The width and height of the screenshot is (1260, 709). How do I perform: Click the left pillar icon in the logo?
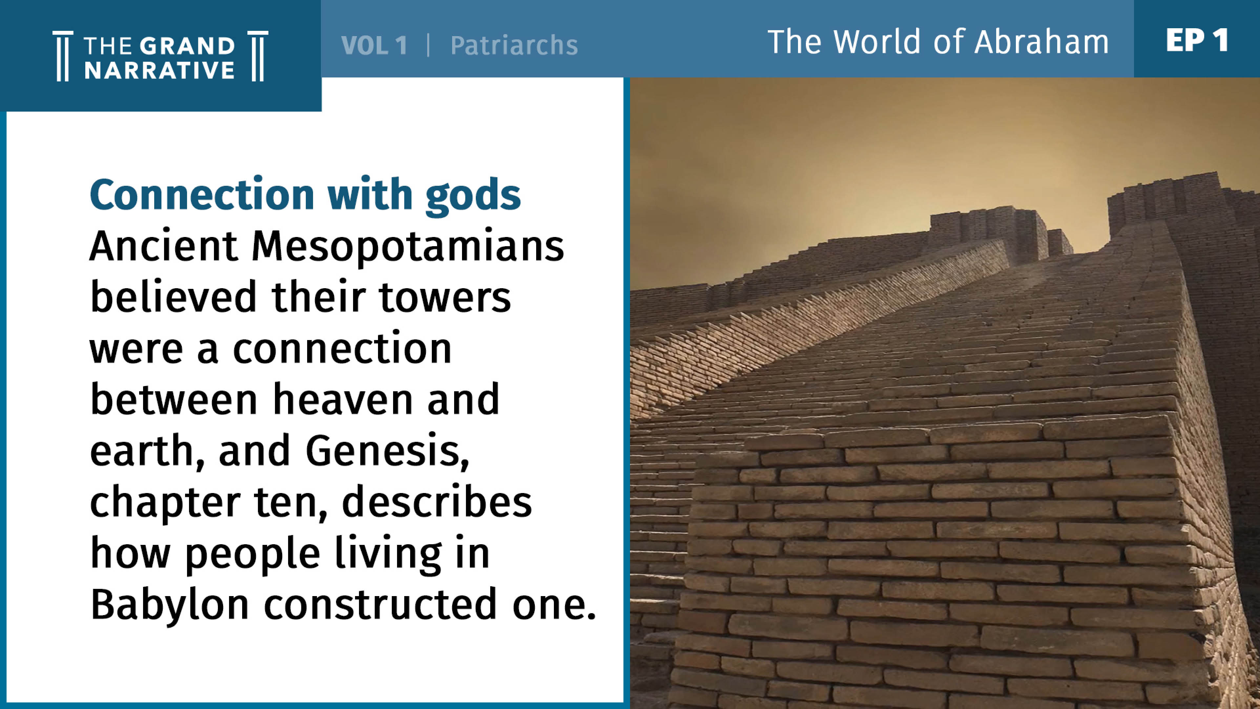click(63, 56)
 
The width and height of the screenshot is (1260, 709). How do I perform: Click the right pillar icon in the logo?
click(258, 56)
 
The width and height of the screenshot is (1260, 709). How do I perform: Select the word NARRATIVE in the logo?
click(159, 71)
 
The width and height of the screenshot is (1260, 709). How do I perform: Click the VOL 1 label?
click(374, 46)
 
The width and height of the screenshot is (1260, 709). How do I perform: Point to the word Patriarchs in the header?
click(514, 46)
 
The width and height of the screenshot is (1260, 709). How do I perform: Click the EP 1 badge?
click(1197, 40)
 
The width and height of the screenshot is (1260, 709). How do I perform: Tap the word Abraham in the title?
click(1041, 42)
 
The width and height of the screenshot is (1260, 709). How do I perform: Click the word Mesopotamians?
click(408, 247)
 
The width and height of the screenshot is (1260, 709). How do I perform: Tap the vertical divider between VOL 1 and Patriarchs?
click(429, 46)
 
